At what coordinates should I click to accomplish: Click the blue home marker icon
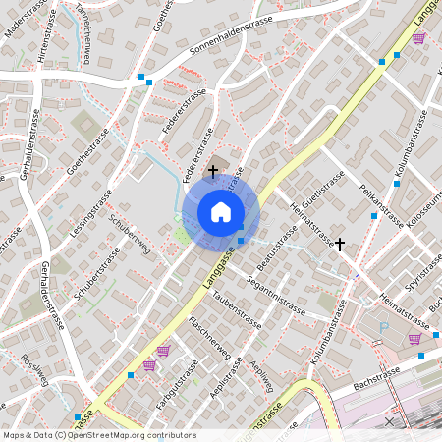[220, 212]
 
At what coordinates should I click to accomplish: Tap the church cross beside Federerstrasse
[213, 171]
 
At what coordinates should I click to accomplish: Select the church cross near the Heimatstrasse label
[340, 243]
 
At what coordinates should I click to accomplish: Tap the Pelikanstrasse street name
[382, 205]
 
